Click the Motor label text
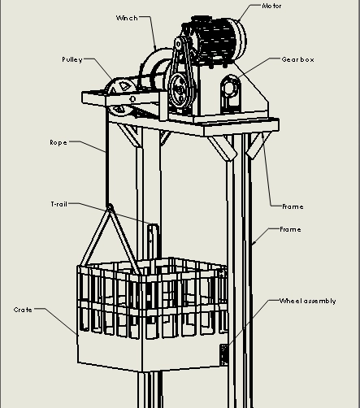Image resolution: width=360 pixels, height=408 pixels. [271, 6]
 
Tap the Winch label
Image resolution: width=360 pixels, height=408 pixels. [127, 18]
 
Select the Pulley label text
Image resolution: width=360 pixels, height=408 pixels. [72, 59]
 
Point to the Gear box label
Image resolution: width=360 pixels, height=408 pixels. [297, 59]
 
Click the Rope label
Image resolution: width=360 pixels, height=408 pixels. [59, 142]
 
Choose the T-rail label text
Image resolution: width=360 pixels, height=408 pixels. [59, 204]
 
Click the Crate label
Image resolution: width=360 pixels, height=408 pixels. [23, 310]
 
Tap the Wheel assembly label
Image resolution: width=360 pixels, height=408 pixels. [307, 301]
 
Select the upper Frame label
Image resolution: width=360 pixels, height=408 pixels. [293, 206]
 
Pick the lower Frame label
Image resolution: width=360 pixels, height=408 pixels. [290, 229]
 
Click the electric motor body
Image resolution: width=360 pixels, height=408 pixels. [217, 41]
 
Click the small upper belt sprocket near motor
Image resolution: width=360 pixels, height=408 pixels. [178, 44]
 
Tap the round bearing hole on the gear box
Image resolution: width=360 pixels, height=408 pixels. [229, 88]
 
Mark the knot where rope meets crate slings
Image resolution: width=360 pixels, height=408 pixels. [110, 207]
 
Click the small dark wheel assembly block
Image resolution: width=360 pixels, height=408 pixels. [223, 355]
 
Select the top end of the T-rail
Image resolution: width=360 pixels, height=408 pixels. [154, 225]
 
